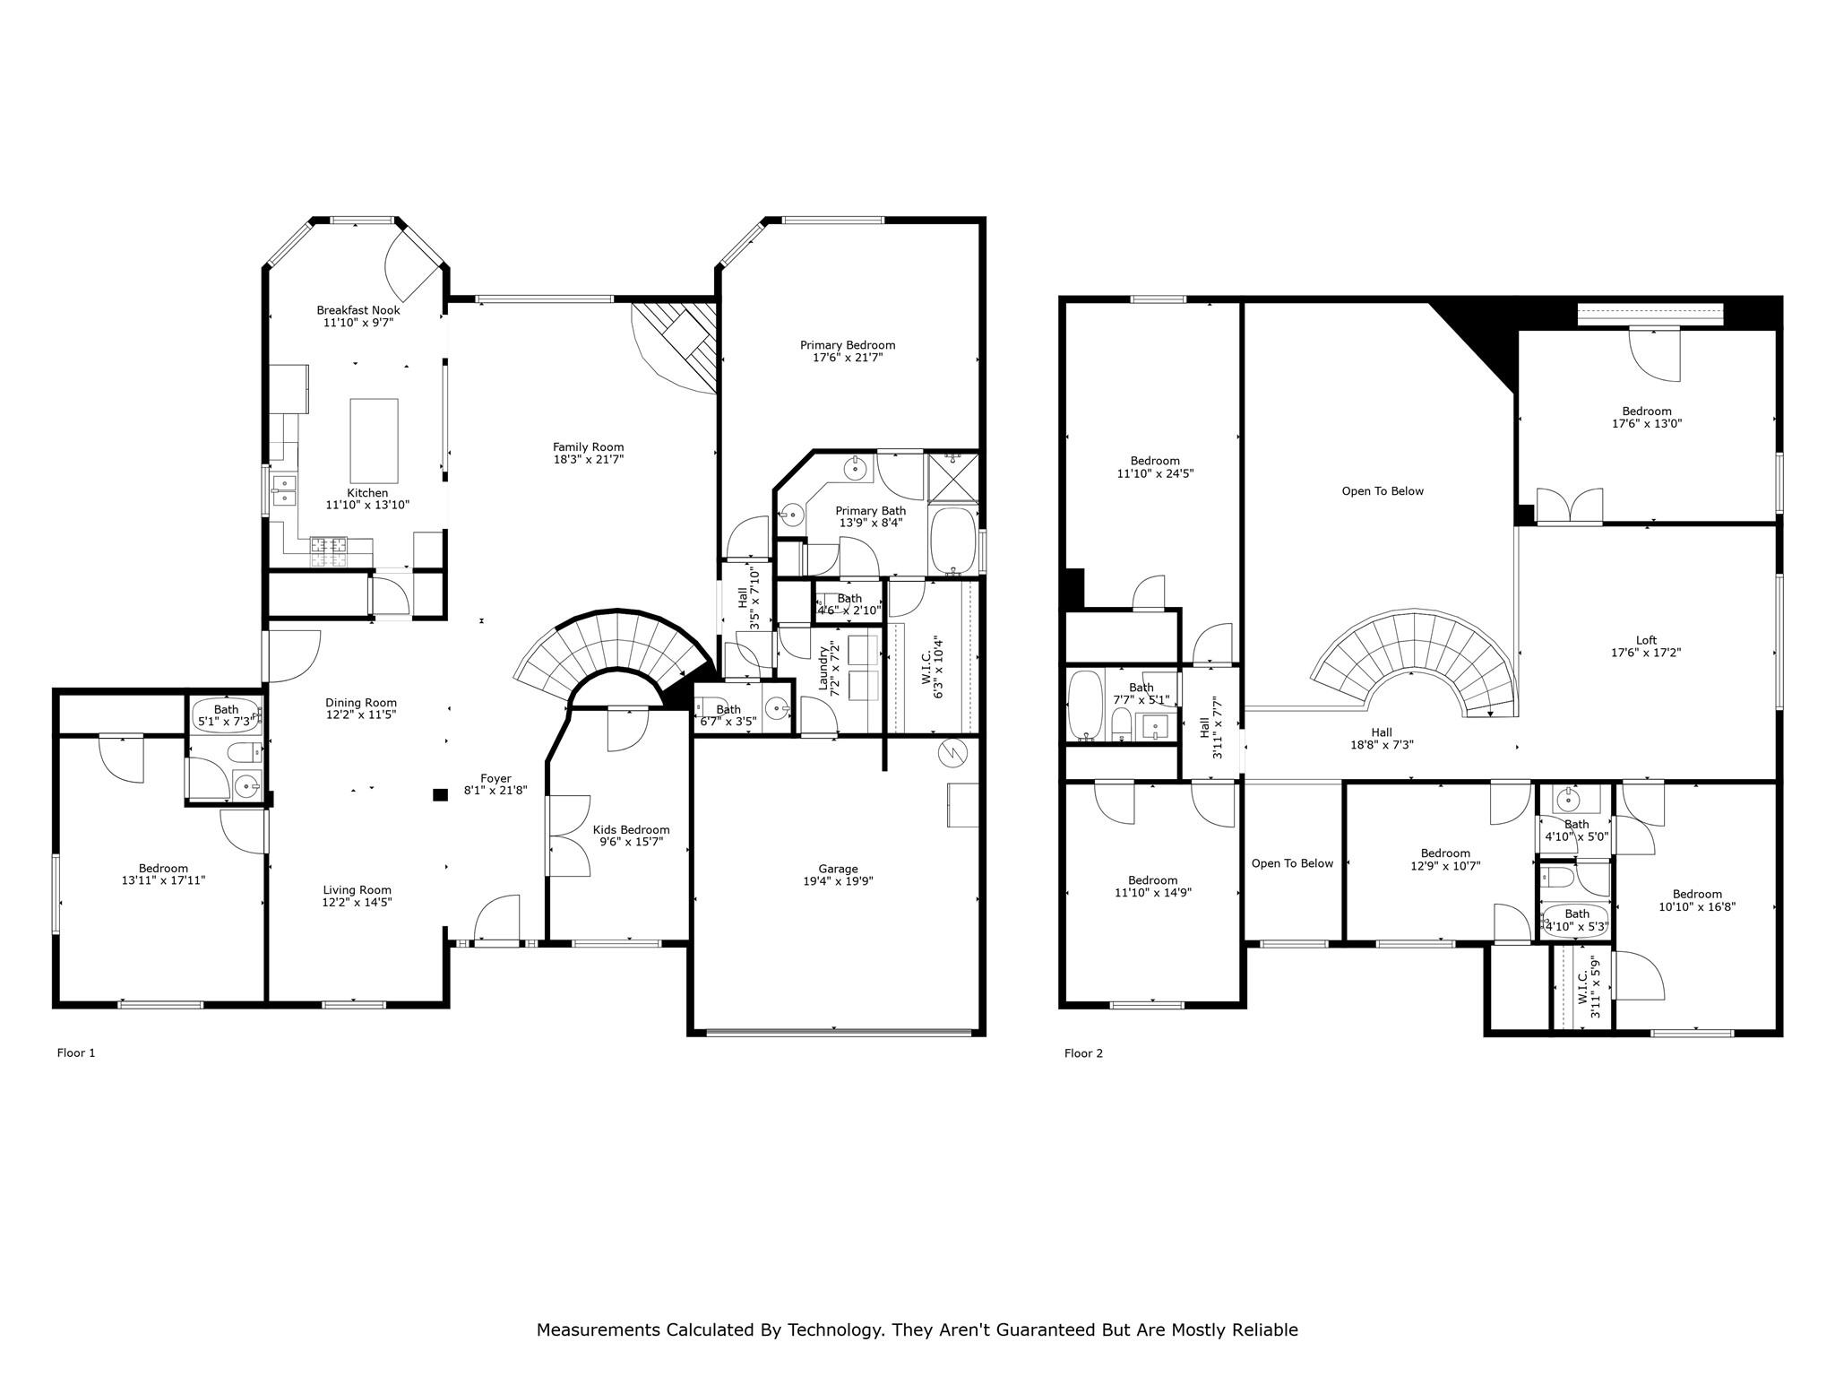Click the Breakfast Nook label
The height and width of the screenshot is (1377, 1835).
pyautogui.click(x=358, y=310)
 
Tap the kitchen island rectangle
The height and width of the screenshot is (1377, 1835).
pyautogui.click(x=374, y=440)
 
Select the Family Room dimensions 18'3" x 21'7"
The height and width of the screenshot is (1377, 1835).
pyautogui.click(x=588, y=460)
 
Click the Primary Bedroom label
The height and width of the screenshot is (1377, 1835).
pyautogui.click(x=847, y=345)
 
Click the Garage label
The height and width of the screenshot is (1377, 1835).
pyautogui.click(x=838, y=869)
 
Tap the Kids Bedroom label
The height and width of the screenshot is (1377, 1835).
pyautogui.click(x=631, y=830)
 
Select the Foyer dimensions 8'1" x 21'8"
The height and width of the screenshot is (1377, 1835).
pyautogui.click(x=495, y=792)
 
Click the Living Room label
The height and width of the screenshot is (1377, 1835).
pyautogui.click(x=357, y=890)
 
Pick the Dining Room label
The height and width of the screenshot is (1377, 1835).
pyautogui.click(x=360, y=703)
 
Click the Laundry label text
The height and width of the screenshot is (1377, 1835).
pyautogui.click(x=823, y=667)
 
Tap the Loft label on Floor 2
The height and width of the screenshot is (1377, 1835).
pyautogui.click(x=1646, y=640)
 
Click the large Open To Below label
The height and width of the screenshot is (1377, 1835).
pyautogui.click(x=1382, y=491)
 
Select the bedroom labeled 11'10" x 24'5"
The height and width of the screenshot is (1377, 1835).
pyautogui.click(x=1154, y=467)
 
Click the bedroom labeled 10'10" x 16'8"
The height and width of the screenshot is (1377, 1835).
pyautogui.click(x=1696, y=900)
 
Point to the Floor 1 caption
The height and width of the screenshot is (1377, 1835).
pyautogui.click(x=76, y=1053)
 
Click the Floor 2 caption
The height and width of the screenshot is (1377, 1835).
pyautogui.click(x=1083, y=1053)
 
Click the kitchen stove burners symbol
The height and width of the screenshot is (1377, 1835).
pyautogui.click(x=329, y=551)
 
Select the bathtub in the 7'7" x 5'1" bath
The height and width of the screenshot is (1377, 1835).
pyautogui.click(x=1086, y=705)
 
